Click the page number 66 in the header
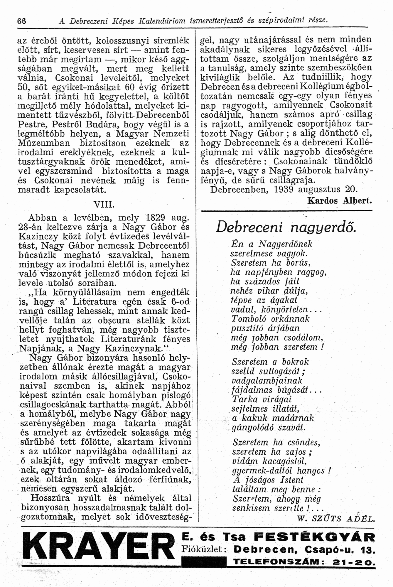[x=22, y=21]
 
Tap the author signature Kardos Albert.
[x=340, y=201]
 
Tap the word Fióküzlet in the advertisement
[x=204, y=549]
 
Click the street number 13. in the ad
[x=367, y=549]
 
